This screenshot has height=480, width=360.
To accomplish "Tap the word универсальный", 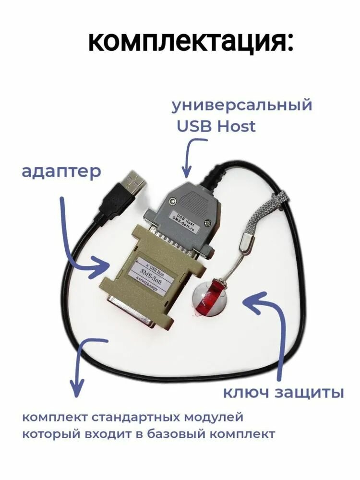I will click(x=241, y=105).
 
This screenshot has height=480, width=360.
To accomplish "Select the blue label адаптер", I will click(x=61, y=171).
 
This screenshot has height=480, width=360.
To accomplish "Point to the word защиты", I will click(x=309, y=393).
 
